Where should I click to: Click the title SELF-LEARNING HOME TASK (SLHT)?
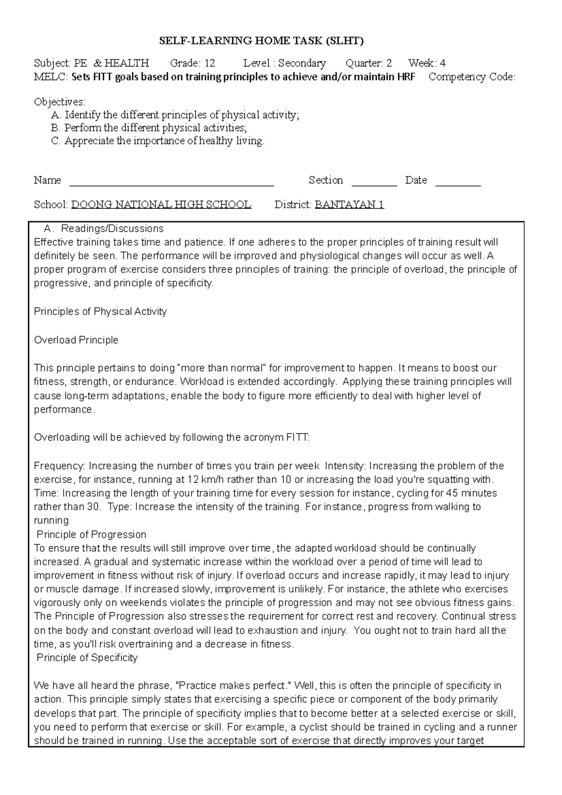click(261, 41)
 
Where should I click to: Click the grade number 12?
click(210, 63)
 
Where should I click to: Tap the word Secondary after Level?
click(302, 63)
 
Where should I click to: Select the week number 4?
click(443, 63)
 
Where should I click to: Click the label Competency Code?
click(472, 77)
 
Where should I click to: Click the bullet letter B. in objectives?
click(56, 128)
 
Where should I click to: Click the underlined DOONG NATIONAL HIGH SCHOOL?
click(161, 205)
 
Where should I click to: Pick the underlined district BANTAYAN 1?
click(349, 205)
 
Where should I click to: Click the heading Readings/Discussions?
click(112, 228)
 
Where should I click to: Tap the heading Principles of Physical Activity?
click(100, 312)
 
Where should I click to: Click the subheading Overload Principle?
click(76, 340)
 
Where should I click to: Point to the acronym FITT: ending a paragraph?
click(297, 438)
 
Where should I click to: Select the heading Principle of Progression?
click(91, 535)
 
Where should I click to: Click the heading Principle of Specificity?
click(87, 658)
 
